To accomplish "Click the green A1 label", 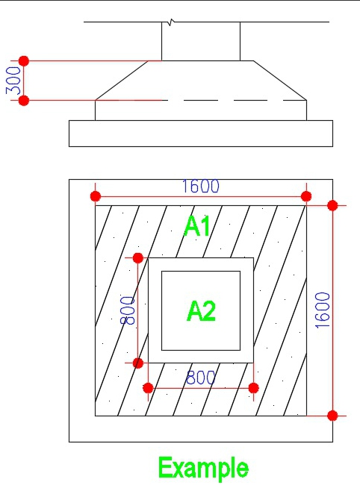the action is pos(197,226).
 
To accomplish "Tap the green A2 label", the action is pos(201,311).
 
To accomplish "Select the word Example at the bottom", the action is pos(203,469).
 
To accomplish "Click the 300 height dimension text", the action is pos(13,81).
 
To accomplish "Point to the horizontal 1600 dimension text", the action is pos(201,187).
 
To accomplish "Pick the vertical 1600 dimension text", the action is pos(322,310).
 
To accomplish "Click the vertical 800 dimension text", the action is pos(128,310).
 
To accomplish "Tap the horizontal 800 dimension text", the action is pos(200,378).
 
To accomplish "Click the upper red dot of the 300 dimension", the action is pos(24,61).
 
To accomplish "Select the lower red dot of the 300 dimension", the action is pos(24,101).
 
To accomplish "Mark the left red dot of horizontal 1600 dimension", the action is pos(96,196).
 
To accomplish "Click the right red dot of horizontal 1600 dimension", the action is pos(306,196).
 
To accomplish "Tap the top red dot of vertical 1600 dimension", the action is pos(332,205).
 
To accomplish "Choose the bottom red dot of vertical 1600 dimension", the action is pos(332,416).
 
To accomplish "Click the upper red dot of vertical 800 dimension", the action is pos(137,257).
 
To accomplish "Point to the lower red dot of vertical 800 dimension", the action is pos(137,363).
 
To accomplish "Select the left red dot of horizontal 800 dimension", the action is pos(149,387).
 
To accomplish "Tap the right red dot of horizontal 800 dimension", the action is pos(253,387).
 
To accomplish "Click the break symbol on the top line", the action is pos(170,22).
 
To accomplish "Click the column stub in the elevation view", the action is pos(201,42).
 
